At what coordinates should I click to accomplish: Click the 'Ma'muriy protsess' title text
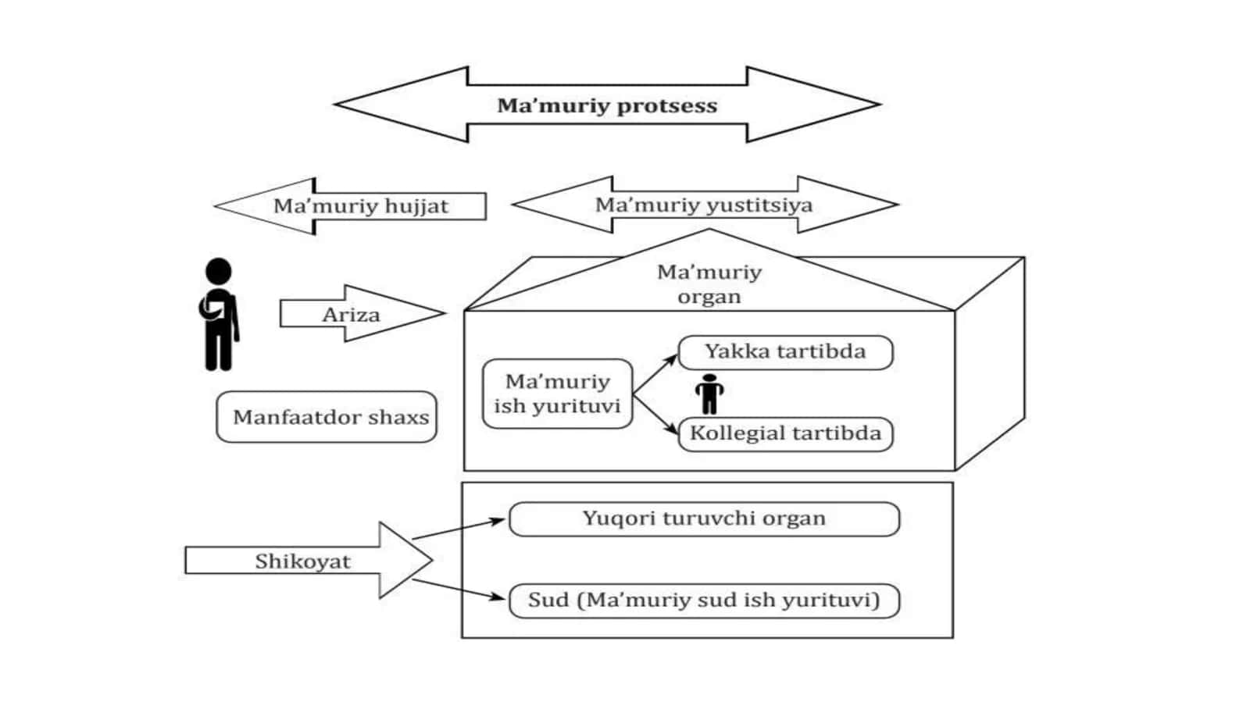[x=607, y=105]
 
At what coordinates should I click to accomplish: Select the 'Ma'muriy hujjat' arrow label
[x=360, y=206]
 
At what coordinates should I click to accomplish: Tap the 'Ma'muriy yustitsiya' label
[x=704, y=205]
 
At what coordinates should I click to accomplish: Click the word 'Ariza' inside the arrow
[x=351, y=315]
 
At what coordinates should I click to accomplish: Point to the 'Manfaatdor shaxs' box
[x=327, y=417]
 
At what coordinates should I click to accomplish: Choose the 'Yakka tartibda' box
[x=786, y=352]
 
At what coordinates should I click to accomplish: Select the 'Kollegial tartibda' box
[x=786, y=434]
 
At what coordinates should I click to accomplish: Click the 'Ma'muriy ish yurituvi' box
[x=558, y=394]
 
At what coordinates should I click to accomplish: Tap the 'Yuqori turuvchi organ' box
[x=704, y=519]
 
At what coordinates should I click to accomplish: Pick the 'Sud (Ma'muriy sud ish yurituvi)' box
[x=704, y=600]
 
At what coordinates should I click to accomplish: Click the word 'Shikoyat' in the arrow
[x=303, y=561]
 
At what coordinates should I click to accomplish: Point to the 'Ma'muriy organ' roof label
[x=709, y=284]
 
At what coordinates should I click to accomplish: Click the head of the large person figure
[x=218, y=271]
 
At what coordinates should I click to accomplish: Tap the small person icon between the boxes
[x=709, y=394]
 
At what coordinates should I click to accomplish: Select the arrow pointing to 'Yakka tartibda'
[x=655, y=374]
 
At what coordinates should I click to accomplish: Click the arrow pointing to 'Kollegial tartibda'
[x=655, y=415]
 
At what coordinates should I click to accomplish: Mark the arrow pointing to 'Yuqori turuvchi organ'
[x=459, y=529]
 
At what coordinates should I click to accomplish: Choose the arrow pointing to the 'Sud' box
[x=459, y=590]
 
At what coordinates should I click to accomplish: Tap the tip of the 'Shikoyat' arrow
[x=433, y=560]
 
